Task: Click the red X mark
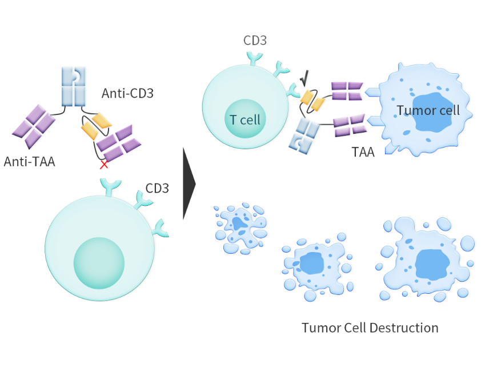(104, 165)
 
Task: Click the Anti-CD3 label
(127, 93)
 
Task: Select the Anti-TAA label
(30, 161)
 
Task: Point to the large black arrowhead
(189, 183)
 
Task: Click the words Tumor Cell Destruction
(370, 328)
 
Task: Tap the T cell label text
(244, 120)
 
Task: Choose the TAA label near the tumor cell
(363, 153)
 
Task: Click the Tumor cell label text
(428, 110)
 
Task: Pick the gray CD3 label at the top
(255, 41)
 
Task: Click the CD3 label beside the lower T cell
(157, 188)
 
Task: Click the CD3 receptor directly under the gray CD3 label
(255, 58)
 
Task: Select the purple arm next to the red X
(118, 143)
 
